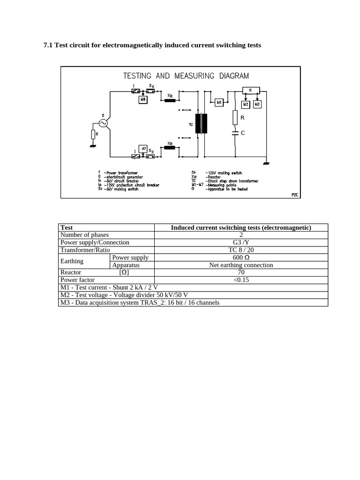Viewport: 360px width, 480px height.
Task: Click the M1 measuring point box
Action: coord(219,102)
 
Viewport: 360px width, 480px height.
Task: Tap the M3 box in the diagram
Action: coord(257,104)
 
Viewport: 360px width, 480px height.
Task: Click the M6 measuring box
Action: coord(142,100)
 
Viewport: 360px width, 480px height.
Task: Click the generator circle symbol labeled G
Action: coord(102,123)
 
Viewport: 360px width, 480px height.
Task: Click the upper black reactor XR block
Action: coord(169,100)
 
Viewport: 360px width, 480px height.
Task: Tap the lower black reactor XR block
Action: coord(169,148)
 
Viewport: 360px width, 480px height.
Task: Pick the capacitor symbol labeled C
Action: coord(235,133)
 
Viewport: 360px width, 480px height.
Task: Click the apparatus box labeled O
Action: coord(250,90)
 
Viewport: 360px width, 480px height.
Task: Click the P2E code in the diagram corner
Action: coord(294,194)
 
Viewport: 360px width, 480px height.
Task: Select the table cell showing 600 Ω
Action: coord(241,257)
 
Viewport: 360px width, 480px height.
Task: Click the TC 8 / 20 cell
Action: coord(241,250)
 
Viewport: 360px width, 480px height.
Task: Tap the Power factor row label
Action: coord(77,280)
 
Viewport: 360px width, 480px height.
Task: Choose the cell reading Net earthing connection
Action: coord(241,265)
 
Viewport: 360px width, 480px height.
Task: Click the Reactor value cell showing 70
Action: coord(241,272)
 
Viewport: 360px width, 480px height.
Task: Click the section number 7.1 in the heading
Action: coord(48,45)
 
